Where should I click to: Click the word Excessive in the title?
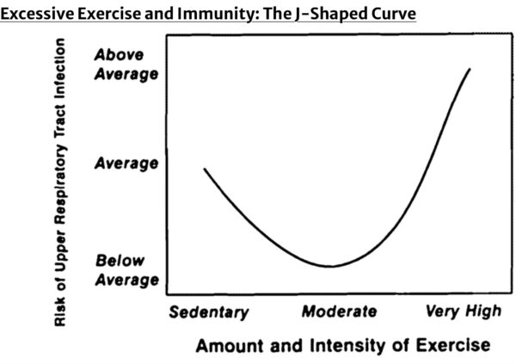coord(37,13)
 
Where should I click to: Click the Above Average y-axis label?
coord(126,65)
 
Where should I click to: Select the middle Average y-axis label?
coord(126,163)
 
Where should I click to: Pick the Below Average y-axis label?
coord(126,269)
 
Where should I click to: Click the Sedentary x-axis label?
coord(208,312)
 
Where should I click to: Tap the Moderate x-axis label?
coord(338,312)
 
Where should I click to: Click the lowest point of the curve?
coord(329,266)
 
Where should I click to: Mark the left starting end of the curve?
coord(204,169)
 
